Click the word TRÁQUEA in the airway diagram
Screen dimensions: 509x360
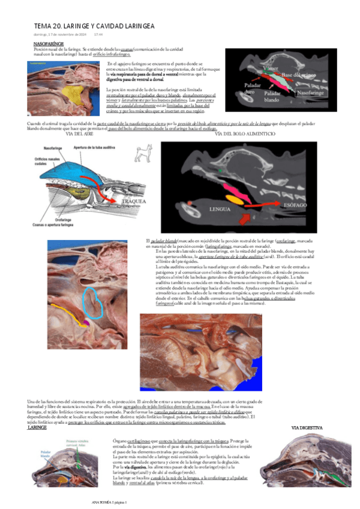click(x=133, y=201)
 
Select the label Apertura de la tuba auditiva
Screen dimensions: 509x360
click(x=95, y=148)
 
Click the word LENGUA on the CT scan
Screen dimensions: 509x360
click(x=220, y=210)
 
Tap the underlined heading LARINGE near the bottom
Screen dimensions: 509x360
click(x=38, y=428)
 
